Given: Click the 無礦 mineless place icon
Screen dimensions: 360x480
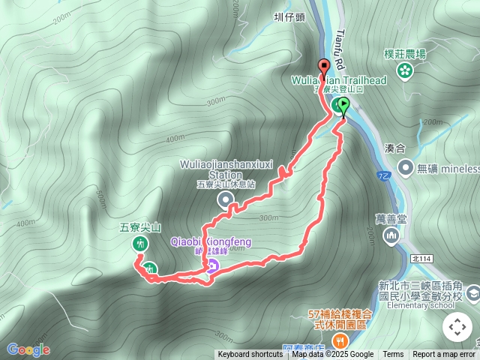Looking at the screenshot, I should [406, 167].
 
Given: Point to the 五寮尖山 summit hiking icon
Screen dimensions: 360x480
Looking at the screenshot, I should [139, 244].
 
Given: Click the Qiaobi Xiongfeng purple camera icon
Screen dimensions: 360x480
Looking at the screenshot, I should [212, 265].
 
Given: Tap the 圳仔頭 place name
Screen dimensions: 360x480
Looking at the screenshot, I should [289, 14].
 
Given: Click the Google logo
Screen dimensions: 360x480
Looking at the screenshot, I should [28, 349].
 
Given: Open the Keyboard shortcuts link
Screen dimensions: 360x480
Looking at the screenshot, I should [250, 355].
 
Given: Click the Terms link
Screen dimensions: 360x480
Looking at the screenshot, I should [393, 355].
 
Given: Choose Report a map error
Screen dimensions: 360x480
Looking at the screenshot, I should [444, 355].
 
